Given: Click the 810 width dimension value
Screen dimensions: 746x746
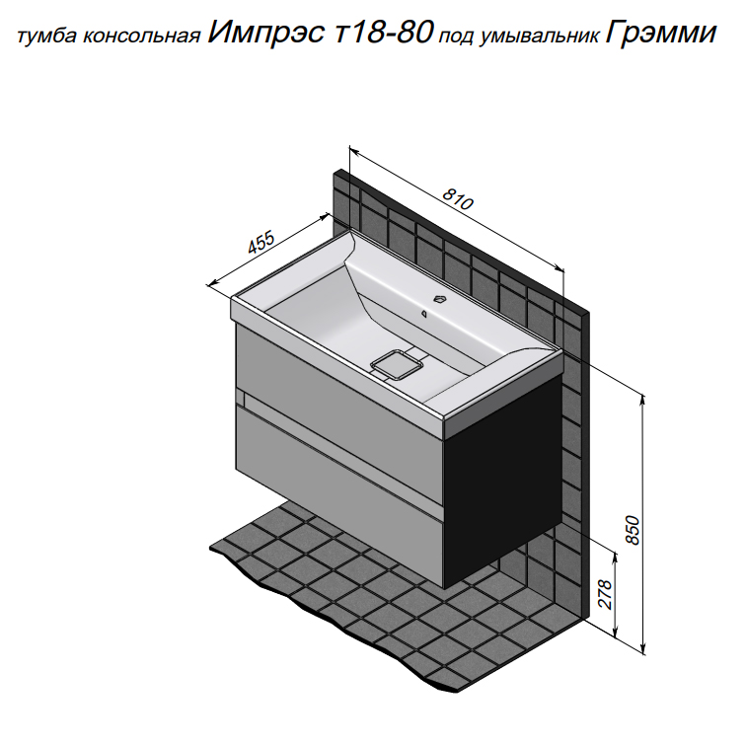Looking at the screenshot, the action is (458, 199).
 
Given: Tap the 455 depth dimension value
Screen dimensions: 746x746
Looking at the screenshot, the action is (261, 243).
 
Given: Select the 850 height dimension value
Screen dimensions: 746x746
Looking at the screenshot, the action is (633, 530).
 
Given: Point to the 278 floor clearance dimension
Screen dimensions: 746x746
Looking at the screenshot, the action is (604, 594).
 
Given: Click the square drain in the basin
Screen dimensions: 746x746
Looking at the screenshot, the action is (397, 365).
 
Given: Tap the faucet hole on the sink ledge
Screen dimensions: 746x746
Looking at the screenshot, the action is (440, 299).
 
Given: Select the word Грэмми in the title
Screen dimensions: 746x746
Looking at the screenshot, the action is (661, 33).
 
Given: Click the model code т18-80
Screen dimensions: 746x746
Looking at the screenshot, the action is (385, 33).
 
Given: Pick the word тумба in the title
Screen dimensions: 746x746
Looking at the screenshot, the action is (47, 37).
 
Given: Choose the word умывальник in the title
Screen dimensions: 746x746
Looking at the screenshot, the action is (539, 37).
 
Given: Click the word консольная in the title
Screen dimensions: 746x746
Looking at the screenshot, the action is (141, 37).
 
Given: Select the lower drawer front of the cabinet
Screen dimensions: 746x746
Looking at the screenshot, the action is (339, 494).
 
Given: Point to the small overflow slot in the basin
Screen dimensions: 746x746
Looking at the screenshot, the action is (423, 313).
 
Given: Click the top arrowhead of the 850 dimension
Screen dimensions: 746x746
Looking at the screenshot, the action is (642, 400).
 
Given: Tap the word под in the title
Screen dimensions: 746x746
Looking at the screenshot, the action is (456, 38).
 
